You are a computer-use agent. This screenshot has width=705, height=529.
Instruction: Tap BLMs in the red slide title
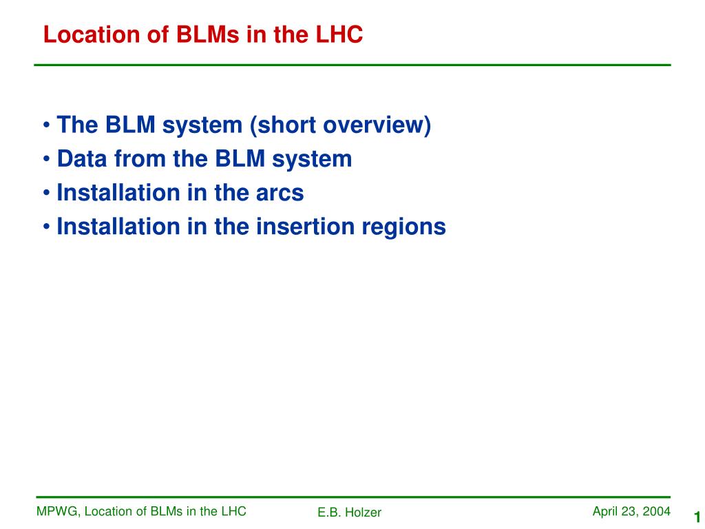tap(208, 34)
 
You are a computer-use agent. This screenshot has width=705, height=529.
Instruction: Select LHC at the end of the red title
tap(339, 34)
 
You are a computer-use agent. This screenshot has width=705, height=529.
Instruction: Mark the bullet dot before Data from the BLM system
tap(46, 159)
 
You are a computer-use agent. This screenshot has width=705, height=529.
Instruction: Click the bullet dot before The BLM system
tap(46, 125)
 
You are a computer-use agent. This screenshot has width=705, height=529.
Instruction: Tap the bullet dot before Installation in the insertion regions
tap(46, 227)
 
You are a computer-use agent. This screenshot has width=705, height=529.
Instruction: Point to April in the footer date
tap(604, 512)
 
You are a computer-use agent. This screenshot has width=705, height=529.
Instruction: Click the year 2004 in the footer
tap(656, 512)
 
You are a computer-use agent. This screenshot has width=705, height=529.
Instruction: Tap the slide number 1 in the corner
tap(697, 517)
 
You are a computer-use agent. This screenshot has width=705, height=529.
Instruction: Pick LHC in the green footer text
tap(234, 511)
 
